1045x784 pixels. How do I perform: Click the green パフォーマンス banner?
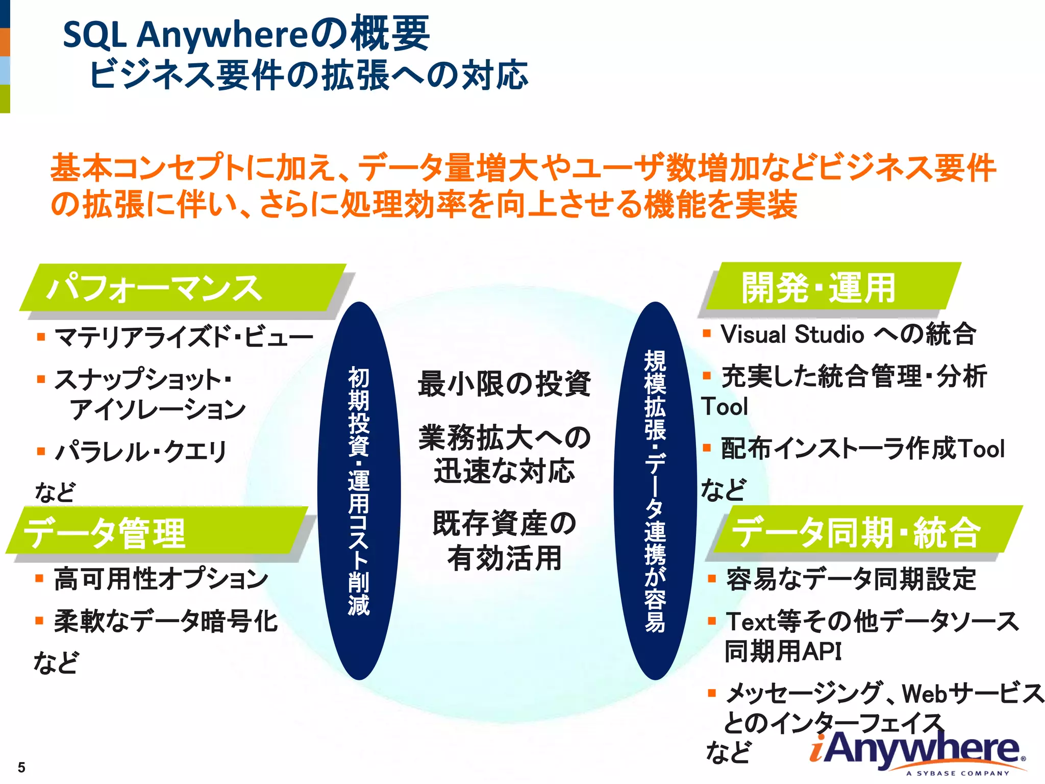pyautogui.click(x=184, y=288)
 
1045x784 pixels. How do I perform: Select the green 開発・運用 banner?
pyautogui.click(x=832, y=287)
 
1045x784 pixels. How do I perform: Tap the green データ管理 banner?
pyautogui.click(x=158, y=532)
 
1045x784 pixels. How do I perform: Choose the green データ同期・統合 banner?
pyautogui.click(x=867, y=531)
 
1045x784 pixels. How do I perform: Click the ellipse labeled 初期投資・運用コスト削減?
pyautogui.click(x=359, y=490)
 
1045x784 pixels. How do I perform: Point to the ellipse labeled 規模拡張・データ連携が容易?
pyautogui.click(x=655, y=490)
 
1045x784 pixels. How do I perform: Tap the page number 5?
pyautogui.click(x=21, y=767)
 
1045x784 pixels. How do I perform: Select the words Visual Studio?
pyautogui.click(x=792, y=335)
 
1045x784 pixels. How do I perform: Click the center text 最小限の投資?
pyautogui.click(x=504, y=384)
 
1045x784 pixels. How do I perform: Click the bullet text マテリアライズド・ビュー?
pyautogui.click(x=184, y=337)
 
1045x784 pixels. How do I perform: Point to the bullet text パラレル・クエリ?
pyautogui.click(x=141, y=451)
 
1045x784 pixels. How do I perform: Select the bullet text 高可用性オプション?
pyautogui.click(x=161, y=579)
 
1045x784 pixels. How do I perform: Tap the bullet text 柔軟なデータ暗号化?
pyautogui.click(x=166, y=621)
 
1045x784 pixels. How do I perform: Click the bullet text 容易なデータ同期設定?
pyautogui.click(x=851, y=579)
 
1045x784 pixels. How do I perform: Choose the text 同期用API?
pyautogui.click(x=783, y=651)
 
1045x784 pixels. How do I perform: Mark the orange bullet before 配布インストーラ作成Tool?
pyautogui.click(x=707, y=449)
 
